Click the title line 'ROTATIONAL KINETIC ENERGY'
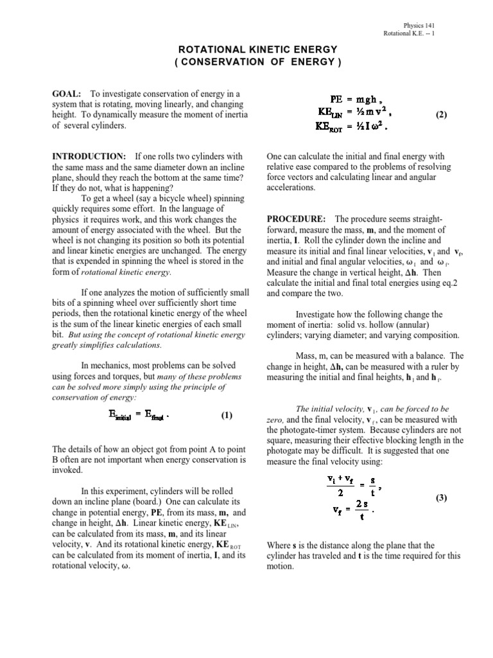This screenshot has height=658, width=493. click(247, 49)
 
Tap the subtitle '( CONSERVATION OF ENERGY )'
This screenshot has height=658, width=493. click(247, 62)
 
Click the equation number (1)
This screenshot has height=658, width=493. click(227, 415)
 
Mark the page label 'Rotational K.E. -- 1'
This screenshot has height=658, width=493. click(409, 33)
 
